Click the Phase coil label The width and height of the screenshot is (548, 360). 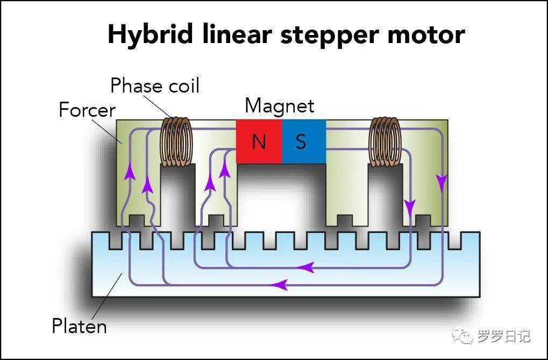coord(155,86)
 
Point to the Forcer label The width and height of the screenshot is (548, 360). coord(87,110)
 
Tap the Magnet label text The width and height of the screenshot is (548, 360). coord(279,105)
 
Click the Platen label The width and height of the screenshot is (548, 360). coord(79,326)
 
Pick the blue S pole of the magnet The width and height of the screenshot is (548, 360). coord(303,141)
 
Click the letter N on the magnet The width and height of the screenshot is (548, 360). coord(259,142)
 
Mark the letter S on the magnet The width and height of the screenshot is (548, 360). coord(301,142)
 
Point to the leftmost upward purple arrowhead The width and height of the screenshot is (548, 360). coord(129,172)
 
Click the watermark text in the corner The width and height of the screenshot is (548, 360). coord(503,337)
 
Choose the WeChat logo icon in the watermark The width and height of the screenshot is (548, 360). coord(463,337)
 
